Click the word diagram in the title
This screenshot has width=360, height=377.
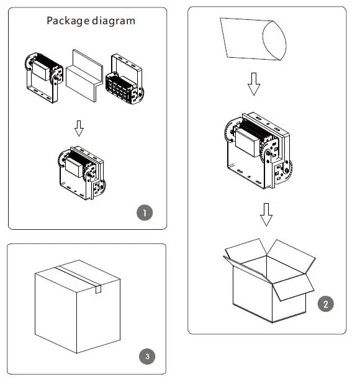pyautogui.click(x=114, y=21)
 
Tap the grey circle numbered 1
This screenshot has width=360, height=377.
pyautogui.click(x=145, y=212)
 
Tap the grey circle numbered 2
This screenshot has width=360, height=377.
pyautogui.click(x=326, y=304)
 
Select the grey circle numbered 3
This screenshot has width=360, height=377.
pyautogui.click(x=147, y=357)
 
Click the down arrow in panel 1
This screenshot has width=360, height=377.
pyautogui.click(x=79, y=129)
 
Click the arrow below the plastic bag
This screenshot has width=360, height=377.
pyautogui.click(x=254, y=84)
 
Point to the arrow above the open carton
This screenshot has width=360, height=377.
pyautogui.click(x=266, y=214)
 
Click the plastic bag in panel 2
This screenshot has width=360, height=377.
pyautogui.click(x=253, y=39)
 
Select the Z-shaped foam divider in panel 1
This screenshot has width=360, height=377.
pyautogui.click(x=84, y=76)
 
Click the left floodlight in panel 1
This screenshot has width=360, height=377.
pyautogui.click(x=44, y=78)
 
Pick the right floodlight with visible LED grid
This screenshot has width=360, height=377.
pyautogui.click(x=125, y=79)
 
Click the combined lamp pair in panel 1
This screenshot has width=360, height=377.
pyautogui.click(x=82, y=173)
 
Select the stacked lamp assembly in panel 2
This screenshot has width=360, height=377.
pyautogui.click(x=259, y=150)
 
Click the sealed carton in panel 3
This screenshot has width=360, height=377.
pyautogui.click(x=78, y=307)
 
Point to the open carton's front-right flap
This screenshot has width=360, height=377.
pyautogui.click(x=293, y=288)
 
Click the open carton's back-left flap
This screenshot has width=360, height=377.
pyautogui.click(x=246, y=250)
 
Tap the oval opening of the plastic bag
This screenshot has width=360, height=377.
pyautogui.click(x=274, y=40)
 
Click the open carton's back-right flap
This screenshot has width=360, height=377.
pyautogui.click(x=291, y=257)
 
